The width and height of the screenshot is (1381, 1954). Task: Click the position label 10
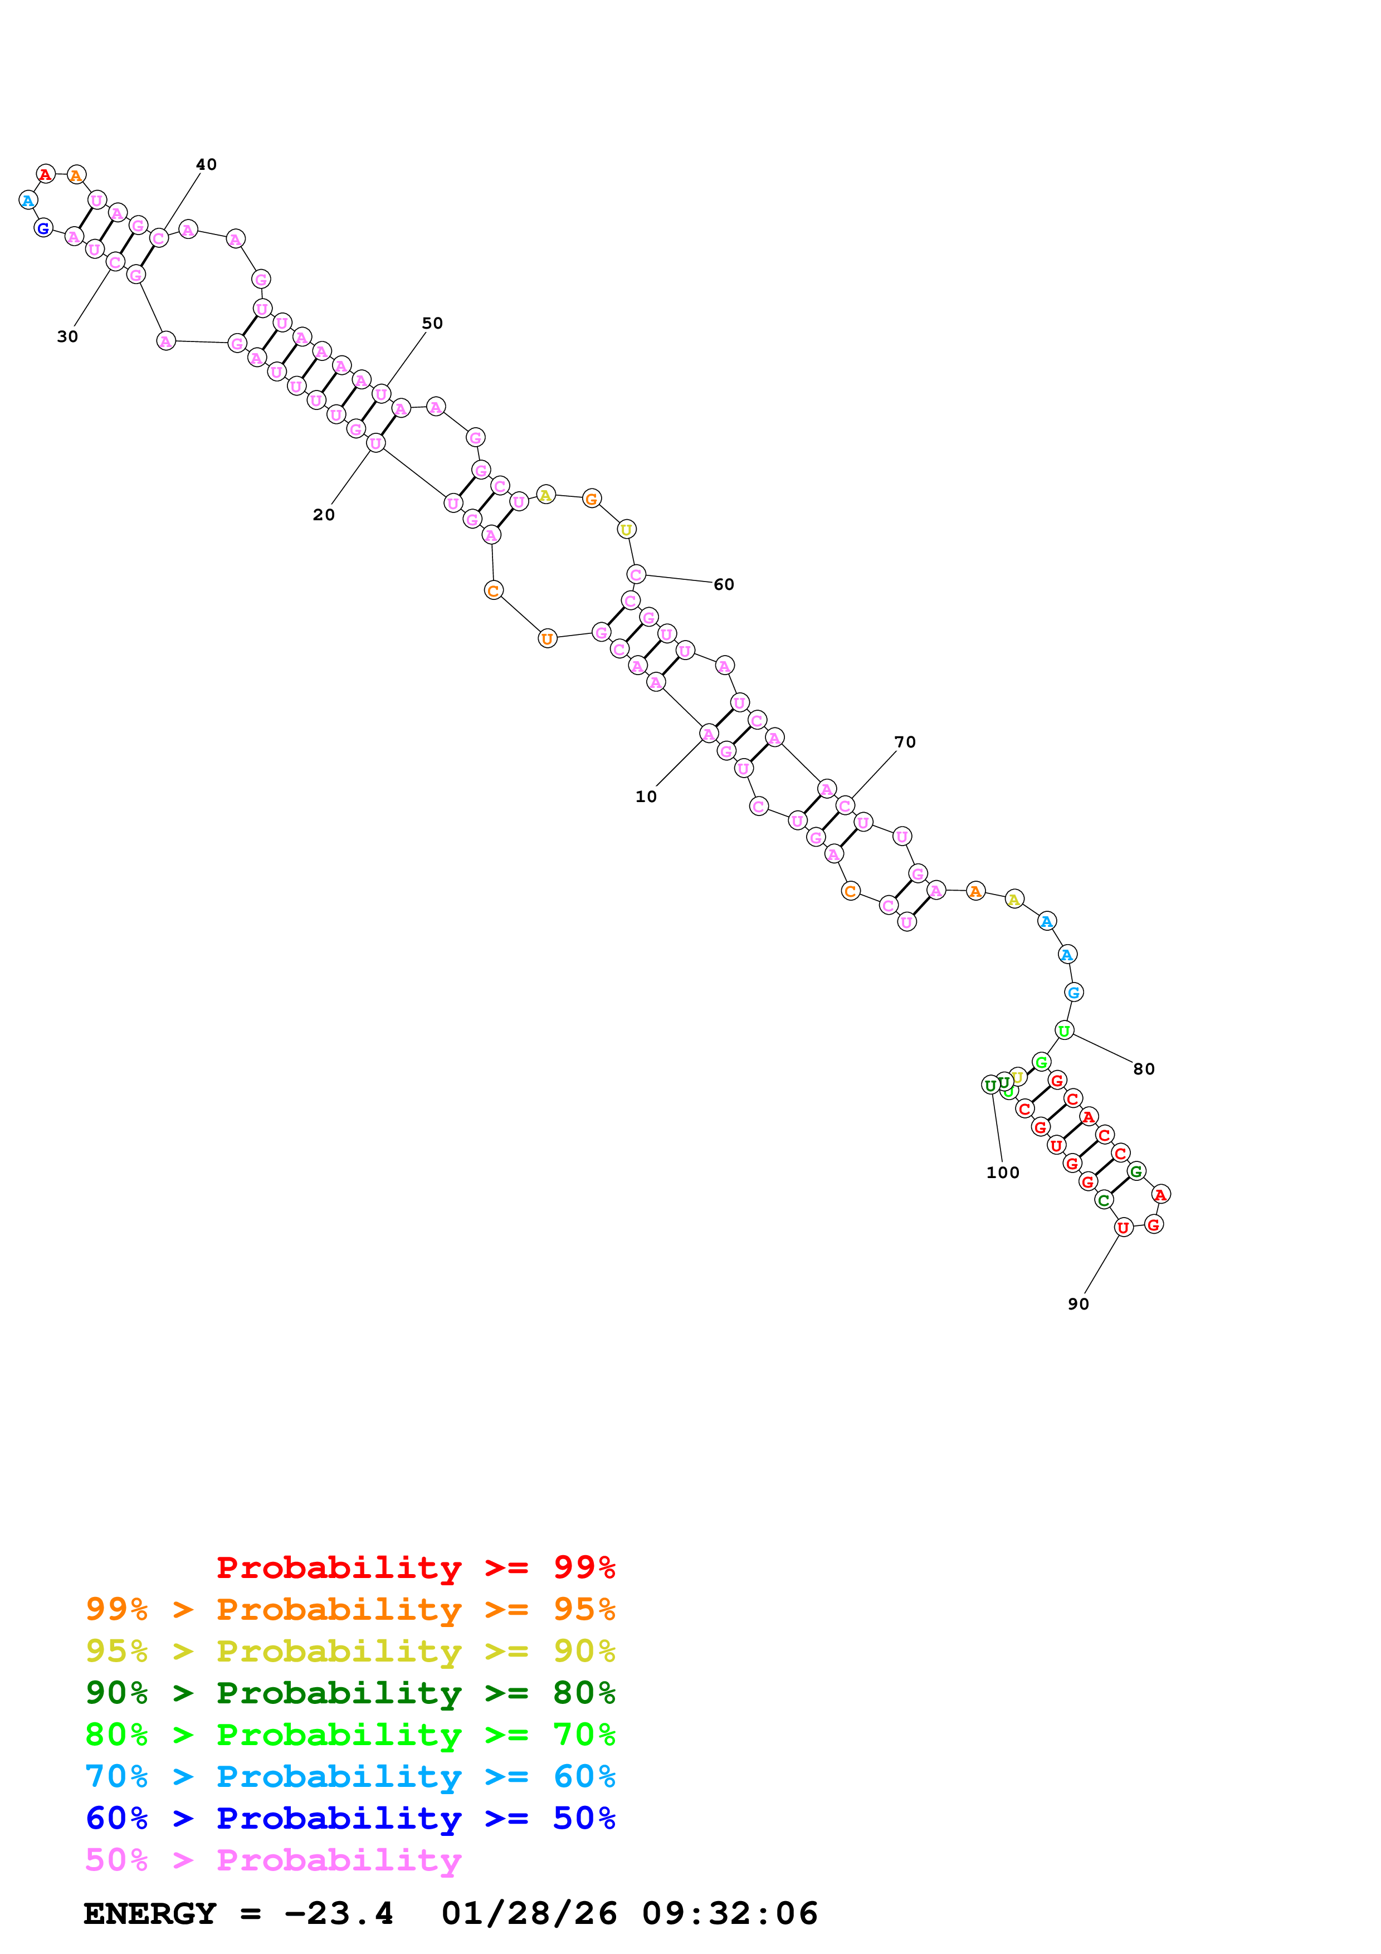coord(646,797)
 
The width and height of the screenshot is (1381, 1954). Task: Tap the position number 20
coord(323,515)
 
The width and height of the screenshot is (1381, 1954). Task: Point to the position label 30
coord(67,337)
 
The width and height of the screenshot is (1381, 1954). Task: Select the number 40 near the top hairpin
coord(206,164)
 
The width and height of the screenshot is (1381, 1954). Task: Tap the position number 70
coord(905,742)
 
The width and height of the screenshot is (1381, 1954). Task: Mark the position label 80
coord(1144,1069)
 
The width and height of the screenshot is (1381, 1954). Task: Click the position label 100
coord(1002,1173)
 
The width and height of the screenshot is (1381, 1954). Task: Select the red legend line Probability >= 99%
coord(415,1567)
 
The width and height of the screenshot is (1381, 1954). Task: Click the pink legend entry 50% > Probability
coord(273,1860)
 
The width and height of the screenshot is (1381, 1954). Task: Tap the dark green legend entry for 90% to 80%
coord(350,1693)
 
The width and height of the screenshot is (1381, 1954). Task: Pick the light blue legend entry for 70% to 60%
coord(350,1777)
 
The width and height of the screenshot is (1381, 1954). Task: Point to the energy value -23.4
coord(339,1914)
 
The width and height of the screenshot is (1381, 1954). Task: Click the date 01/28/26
coord(529,1914)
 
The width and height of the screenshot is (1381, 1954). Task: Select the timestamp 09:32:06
coord(729,1914)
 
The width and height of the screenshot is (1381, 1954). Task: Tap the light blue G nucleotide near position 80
coord(1073,993)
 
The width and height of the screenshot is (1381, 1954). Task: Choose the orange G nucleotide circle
coord(592,499)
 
